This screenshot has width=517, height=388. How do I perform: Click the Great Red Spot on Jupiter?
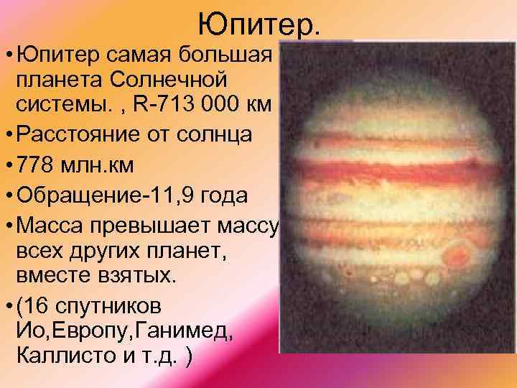coord(459,253)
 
